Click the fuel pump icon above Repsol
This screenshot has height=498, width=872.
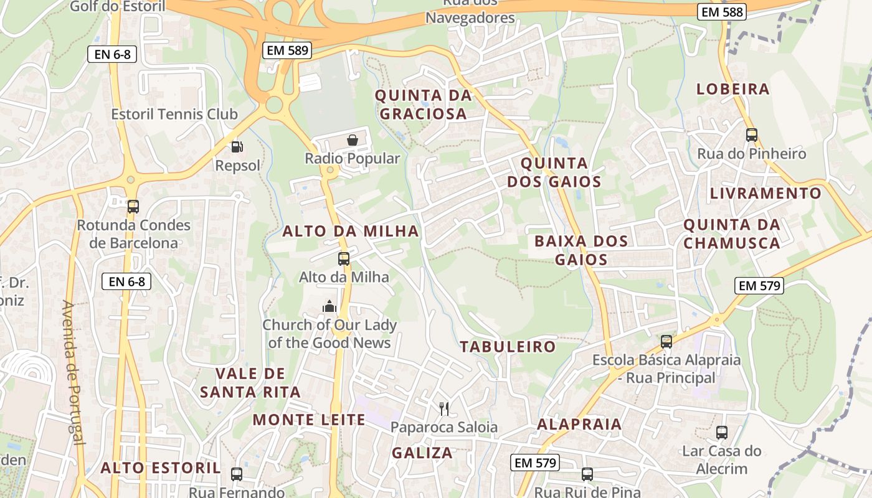coord(237,147)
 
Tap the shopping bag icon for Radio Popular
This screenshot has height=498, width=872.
coord(353,140)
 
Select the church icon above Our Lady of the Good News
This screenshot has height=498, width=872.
coord(329,306)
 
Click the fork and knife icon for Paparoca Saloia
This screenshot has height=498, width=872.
coord(444,408)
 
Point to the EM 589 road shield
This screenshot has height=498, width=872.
coord(287,50)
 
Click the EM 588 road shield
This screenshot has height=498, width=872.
coord(721,11)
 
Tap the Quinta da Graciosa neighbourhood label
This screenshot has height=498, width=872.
coord(423,105)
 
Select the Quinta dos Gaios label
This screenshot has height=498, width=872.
coord(554,172)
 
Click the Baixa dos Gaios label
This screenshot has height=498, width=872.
coord(581,250)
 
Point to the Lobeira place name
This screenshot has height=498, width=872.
coord(733,89)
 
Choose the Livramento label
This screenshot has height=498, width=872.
coord(765,194)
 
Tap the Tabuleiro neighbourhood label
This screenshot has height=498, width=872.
coord(508,347)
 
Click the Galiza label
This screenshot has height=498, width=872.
coord(422,453)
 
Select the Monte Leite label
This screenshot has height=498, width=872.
coord(309,420)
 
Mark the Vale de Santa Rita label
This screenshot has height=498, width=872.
coord(250,383)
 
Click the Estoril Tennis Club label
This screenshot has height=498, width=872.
coord(174,115)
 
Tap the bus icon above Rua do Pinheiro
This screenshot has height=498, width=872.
coord(751,134)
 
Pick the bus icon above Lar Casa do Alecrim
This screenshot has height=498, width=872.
coord(721,432)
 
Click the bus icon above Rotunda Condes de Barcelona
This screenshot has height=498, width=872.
coord(133,207)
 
